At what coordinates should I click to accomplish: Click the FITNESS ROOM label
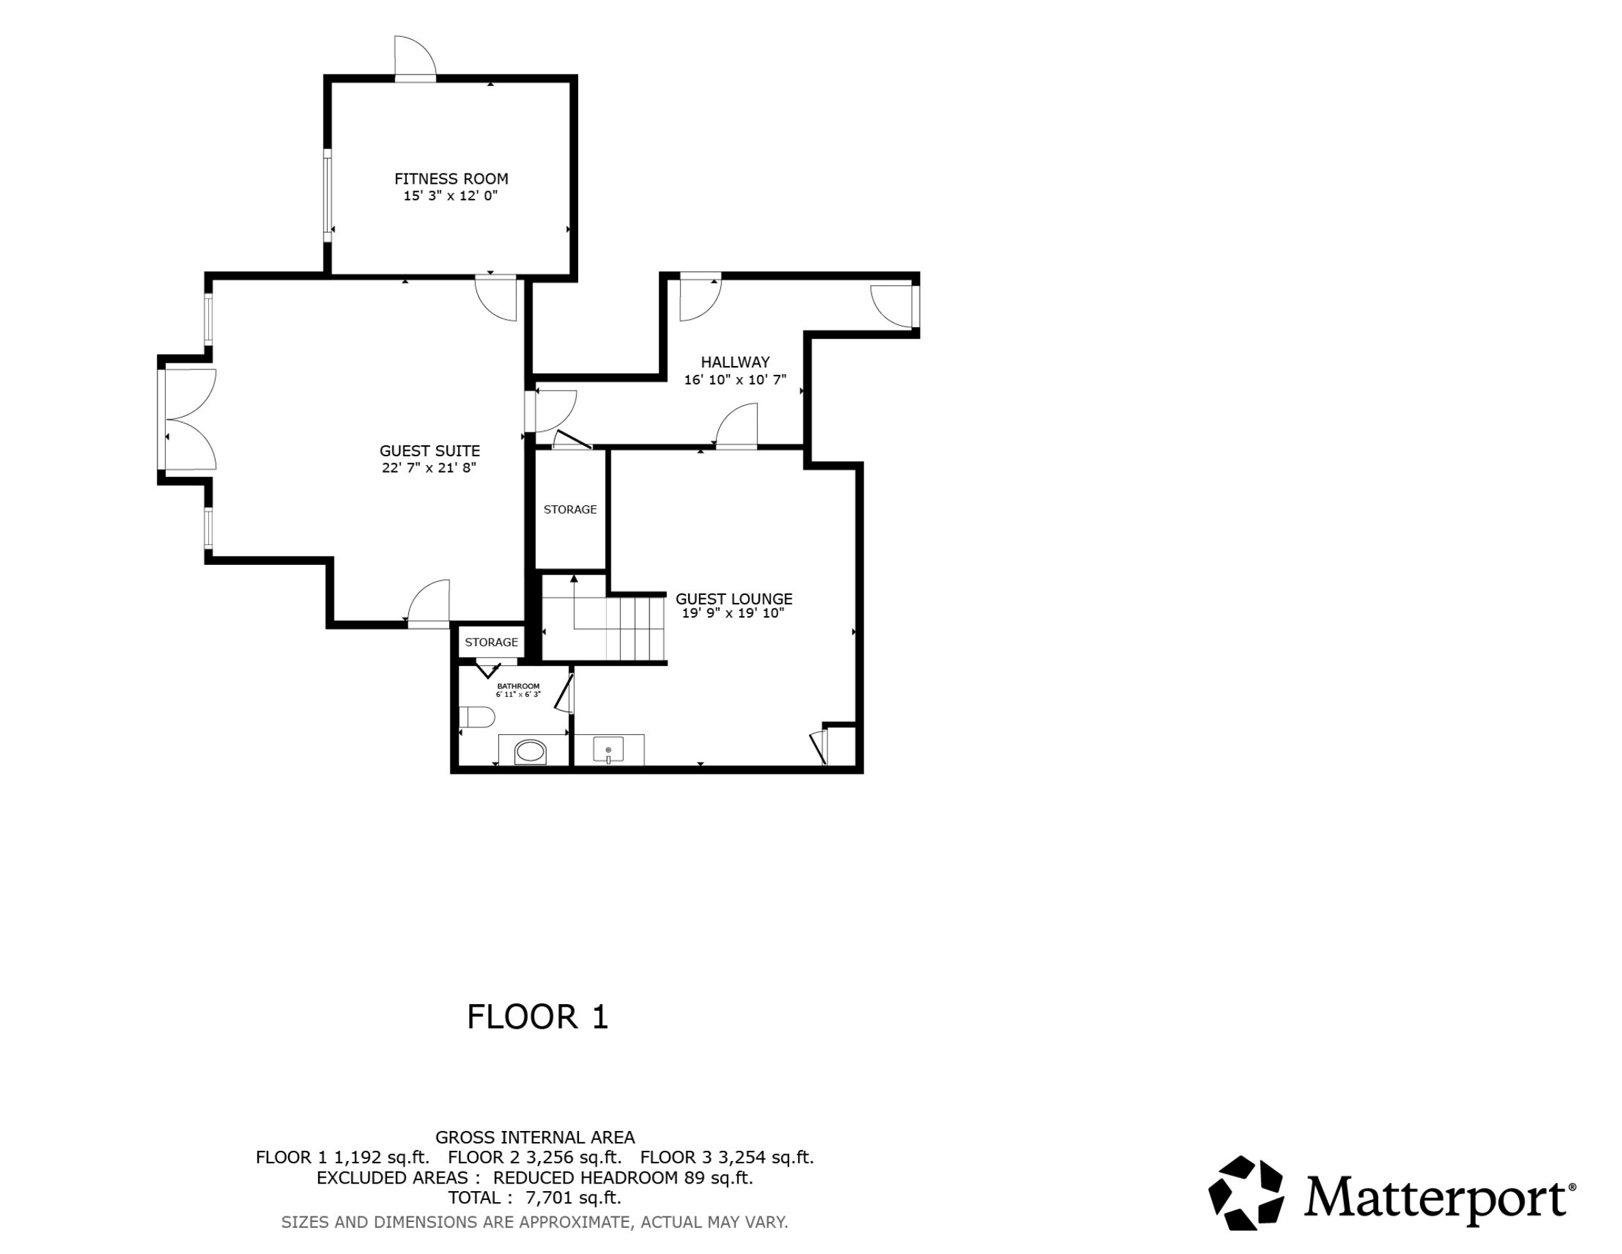[451, 178]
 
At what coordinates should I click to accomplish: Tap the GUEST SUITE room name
[429, 450]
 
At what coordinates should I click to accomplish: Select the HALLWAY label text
[735, 362]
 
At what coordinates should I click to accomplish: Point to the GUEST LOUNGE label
[734, 598]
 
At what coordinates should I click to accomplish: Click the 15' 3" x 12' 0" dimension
[450, 196]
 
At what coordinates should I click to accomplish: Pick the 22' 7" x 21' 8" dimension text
[429, 468]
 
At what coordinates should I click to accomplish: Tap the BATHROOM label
[518, 686]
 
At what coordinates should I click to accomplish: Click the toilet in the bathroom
[476, 717]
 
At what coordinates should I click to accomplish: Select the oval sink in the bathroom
[530, 752]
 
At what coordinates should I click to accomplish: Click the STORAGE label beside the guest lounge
[569, 510]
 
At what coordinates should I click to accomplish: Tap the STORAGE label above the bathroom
[491, 642]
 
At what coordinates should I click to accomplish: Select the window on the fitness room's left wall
[327, 195]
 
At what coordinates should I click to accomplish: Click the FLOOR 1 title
[538, 1016]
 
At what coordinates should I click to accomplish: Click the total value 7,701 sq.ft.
[573, 1197]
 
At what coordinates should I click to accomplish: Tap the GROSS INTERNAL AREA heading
[535, 1137]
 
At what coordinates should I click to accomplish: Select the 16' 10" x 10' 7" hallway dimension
[735, 380]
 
